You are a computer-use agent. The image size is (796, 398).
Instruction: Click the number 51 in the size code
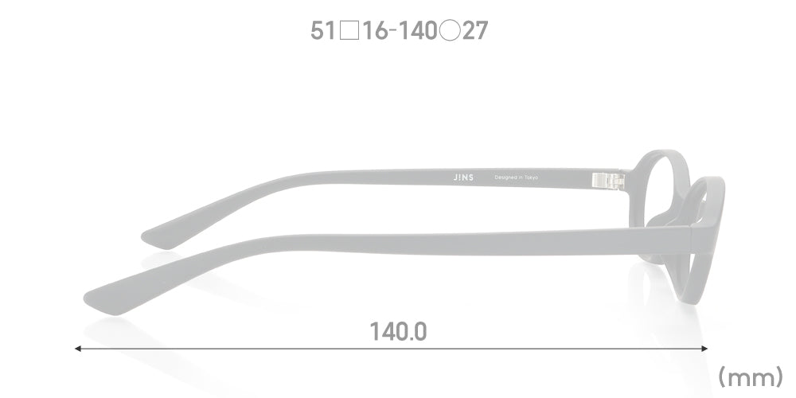pyautogui.click(x=323, y=31)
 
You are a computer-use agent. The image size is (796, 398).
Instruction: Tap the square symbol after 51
pyautogui.click(x=349, y=31)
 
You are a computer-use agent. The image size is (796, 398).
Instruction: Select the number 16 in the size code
pyautogui.click(x=376, y=31)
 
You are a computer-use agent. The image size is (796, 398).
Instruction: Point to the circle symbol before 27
pyautogui.click(x=450, y=31)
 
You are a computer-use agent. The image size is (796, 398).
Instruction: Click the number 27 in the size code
pyautogui.click(x=475, y=31)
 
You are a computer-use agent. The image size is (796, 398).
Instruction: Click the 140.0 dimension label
pyautogui.click(x=398, y=331)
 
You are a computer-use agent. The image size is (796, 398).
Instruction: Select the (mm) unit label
pyautogui.click(x=751, y=377)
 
